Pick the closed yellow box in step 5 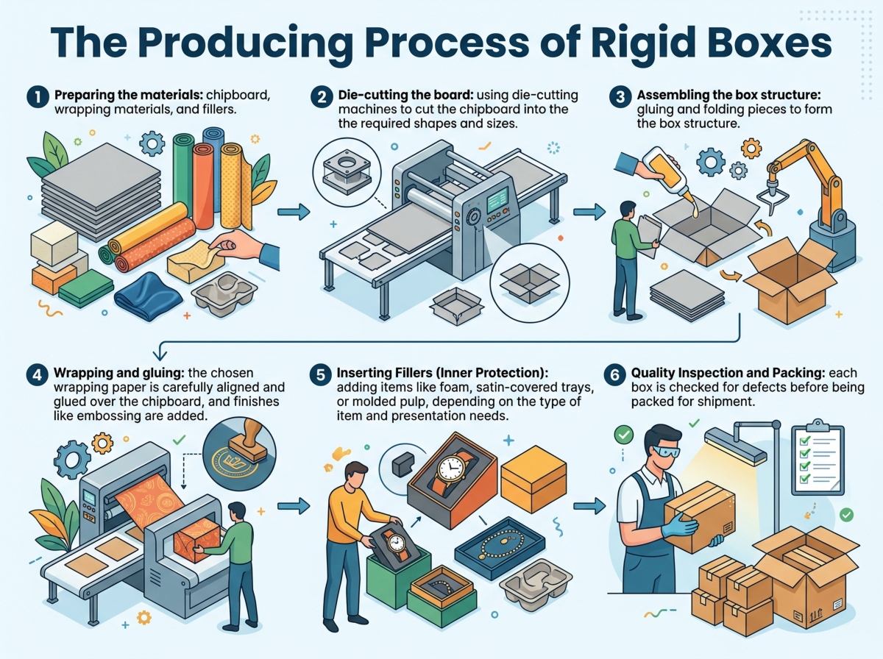533,477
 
